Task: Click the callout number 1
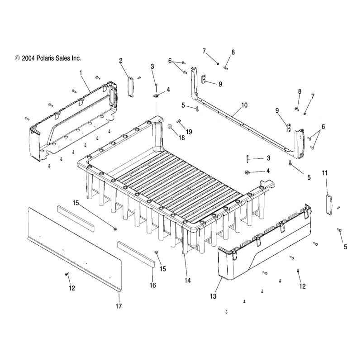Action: (81, 72)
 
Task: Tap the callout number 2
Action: (121, 60)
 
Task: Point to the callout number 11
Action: (324, 173)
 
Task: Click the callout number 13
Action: (213, 296)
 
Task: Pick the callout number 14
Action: (187, 281)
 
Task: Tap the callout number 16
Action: (153, 286)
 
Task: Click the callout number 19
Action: (189, 132)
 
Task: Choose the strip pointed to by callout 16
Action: (136, 254)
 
